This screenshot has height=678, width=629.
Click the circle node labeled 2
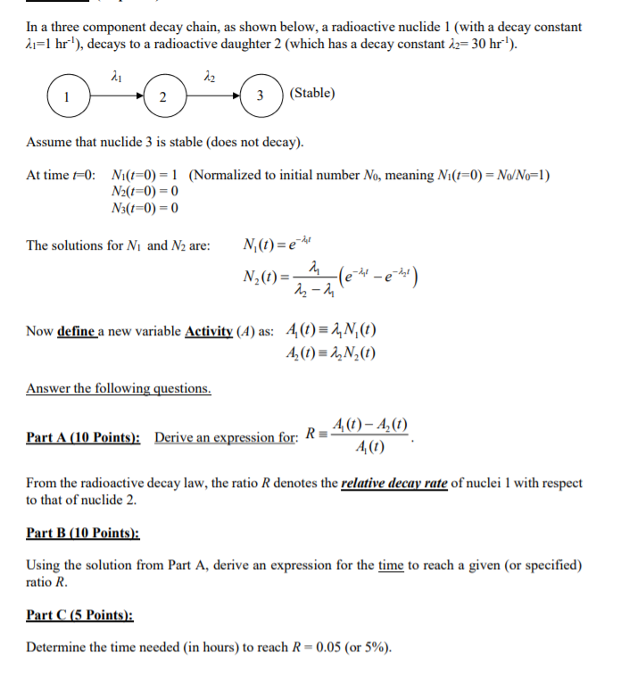click(x=161, y=97)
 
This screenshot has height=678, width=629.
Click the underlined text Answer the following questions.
click(x=119, y=388)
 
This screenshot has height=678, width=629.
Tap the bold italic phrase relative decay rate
click(x=394, y=484)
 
